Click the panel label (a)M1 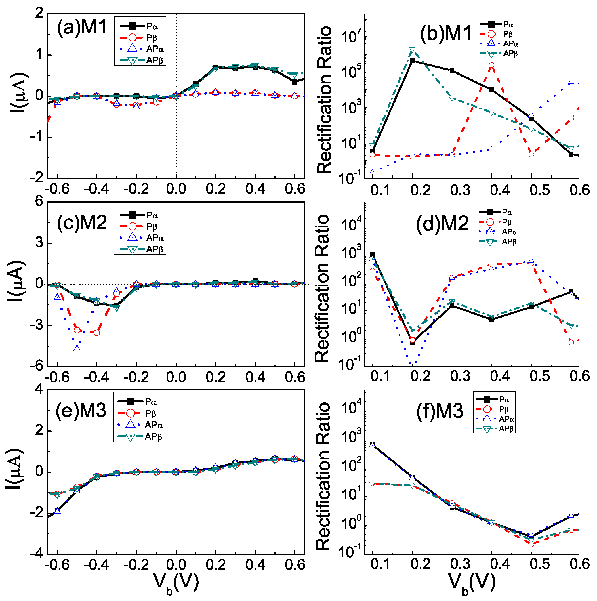pyautogui.click(x=82, y=27)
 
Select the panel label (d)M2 pyautogui.click(x=442, y=223)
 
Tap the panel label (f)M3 pyautogui.click(x=440, y=411)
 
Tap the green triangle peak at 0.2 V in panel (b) pyautogui.click(x=412, y=50)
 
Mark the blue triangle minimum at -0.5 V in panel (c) pyautogui.click(x=77, y=348)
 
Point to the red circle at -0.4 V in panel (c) pyautogui.click(x=97, y=333)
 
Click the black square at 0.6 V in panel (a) pyautogui.click(x=295, y=82)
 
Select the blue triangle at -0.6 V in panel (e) pyautogui.click(x=57, y=511)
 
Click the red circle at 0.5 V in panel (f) pyautogui.click(x=531, y=544)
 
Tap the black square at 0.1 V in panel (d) pyautogui.click(x=372, y=254)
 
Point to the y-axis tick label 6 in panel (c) pyautogui.click(x=39, y=202)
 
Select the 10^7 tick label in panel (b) pyautogui.click(x=351, y=37)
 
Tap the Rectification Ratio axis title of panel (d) pyautogui.click(x=322, y=288)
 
